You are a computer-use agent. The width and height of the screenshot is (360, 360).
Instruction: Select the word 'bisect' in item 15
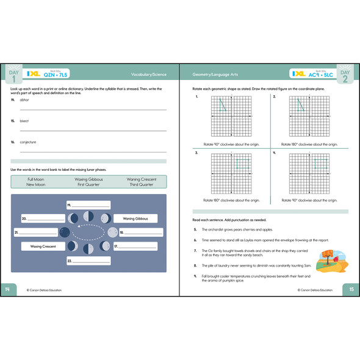[24, 121]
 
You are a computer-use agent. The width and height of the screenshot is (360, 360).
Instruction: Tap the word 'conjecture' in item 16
[28, 142]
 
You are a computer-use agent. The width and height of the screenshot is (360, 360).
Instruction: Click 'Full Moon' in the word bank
[35, 179]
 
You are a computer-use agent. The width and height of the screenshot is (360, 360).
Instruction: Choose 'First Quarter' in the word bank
[88, 184]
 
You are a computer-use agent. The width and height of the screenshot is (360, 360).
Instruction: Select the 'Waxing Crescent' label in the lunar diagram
[40, 247]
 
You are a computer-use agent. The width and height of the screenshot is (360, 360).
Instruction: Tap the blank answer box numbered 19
[88, 205]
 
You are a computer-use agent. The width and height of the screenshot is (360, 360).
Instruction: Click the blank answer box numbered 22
[88, 261]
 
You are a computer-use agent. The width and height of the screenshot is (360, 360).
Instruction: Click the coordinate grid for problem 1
[232, 117]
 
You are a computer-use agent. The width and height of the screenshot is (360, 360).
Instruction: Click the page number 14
[8, 289]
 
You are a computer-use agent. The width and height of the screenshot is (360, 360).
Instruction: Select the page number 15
[350, 289]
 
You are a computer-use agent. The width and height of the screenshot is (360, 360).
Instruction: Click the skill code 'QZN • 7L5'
[54, 76]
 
